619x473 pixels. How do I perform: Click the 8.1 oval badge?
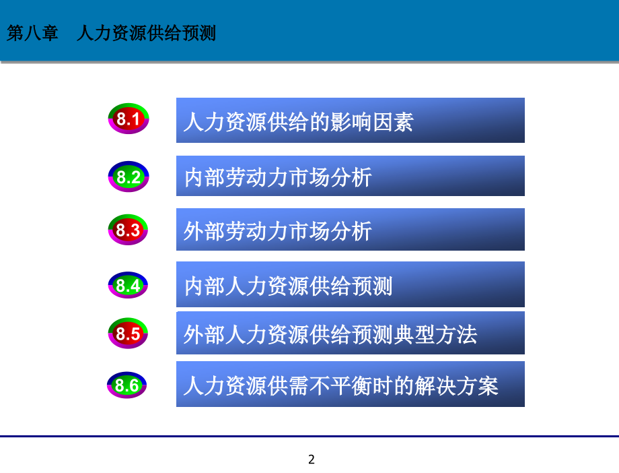tap(128, 120)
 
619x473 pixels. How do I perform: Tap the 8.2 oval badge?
tap(128, 177)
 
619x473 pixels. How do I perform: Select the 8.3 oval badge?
tap(128, 230)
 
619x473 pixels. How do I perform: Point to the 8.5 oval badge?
tap(128, 334)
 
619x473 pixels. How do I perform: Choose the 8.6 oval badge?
tap(127, 385)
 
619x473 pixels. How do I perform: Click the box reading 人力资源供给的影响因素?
tap(350, 121)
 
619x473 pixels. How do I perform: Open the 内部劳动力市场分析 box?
tap(350, 176)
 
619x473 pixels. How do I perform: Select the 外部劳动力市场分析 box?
tap(350, 230)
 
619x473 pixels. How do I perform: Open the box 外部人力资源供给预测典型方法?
tap(350, 333)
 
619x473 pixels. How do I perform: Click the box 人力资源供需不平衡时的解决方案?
tap(350, 385)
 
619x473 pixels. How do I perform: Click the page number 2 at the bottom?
tap(311, 460)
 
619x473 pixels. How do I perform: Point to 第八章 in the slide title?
tap(33, 33)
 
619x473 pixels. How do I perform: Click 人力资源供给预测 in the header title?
tap(147, 33)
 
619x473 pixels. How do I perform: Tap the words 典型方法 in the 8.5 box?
tap(443, 334)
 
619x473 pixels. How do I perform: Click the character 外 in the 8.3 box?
tap(193, 232)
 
